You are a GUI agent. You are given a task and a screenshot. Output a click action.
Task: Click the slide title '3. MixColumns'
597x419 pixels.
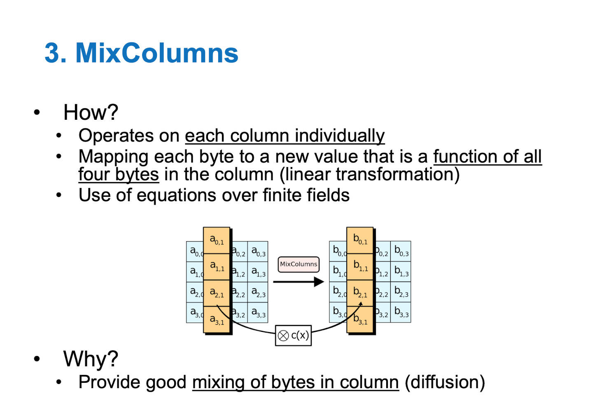coord(141,54)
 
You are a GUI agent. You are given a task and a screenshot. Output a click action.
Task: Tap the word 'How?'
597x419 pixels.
coord(91,112)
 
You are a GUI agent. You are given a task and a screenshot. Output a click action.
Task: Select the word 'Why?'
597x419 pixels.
coord(91,359)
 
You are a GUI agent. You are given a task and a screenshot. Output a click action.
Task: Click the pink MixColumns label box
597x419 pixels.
coord(298,264)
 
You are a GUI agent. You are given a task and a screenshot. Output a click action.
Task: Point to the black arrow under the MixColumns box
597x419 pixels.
coord(298,282)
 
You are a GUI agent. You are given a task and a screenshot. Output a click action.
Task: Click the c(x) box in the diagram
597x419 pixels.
coord(293,335)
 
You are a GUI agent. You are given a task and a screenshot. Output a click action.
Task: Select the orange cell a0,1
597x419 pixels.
coord(217,240)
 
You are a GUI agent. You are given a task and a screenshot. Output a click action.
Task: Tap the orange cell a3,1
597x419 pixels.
coord(217,319)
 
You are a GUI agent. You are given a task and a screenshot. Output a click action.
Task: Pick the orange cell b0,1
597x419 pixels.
coord(360,240)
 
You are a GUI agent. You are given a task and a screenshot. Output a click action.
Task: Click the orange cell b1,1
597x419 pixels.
coord(360,266)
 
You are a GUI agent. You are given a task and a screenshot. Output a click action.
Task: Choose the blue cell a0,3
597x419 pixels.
coord(258,251)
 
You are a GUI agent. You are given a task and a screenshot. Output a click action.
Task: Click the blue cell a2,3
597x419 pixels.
coord(258,292)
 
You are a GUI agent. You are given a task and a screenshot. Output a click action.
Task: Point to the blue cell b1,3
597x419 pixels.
coord(401,272)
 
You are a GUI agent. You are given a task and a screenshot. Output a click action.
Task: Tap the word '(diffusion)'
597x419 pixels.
coord(445,382)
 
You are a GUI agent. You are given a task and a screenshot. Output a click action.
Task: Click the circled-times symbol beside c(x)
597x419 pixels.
coord(283,336)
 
